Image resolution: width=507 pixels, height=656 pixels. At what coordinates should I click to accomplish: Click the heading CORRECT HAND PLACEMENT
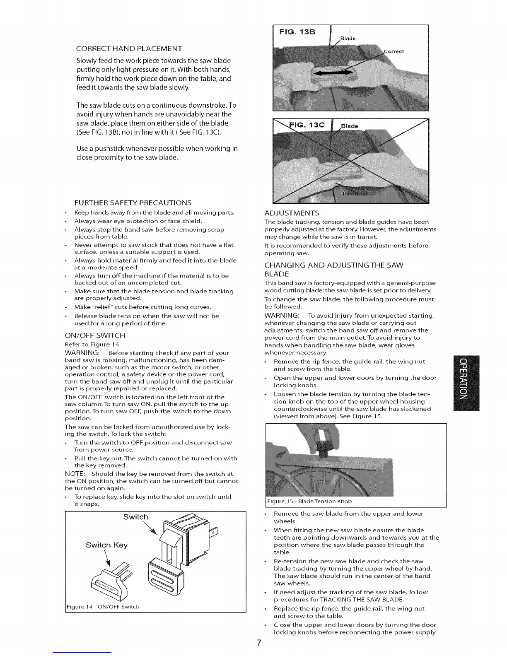(129, 48)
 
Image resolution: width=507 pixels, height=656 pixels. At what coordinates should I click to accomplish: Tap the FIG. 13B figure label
(297, 32)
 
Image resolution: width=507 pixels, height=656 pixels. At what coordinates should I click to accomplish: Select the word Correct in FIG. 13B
(394, 51)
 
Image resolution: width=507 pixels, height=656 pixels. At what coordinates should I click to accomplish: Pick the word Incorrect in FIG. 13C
(355, 193)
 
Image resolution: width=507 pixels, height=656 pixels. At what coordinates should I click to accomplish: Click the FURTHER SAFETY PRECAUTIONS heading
(133, 203)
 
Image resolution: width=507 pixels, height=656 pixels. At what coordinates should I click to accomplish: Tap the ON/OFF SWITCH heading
(95, 335)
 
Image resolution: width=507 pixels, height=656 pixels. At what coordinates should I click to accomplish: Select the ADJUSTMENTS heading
(292, 213)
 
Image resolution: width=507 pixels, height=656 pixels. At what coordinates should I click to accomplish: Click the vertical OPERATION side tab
(466, 383)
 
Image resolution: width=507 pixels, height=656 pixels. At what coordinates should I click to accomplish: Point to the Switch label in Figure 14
(135, 517)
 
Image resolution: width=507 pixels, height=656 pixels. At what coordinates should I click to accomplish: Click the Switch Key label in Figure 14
(106, 545)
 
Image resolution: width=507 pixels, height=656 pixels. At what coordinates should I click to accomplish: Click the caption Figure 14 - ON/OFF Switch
(103, 606)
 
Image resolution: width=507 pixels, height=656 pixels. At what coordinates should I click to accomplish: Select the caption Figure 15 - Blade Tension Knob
(309, 501)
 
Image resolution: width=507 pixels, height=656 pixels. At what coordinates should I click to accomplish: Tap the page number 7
(259, 643)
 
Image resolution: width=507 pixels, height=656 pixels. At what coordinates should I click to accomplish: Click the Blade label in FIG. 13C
(349, 126)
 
